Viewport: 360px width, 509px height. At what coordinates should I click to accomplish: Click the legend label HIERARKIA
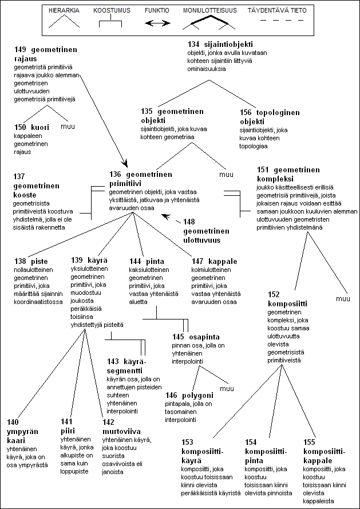tap(64, 10)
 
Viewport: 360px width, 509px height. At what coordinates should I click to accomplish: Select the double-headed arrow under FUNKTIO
tap(157, 23)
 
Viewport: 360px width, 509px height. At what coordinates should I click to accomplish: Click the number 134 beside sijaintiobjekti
tap(194, 44)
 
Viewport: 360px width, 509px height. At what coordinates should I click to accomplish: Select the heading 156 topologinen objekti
tap(270, 117)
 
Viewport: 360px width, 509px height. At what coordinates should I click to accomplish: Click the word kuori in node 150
tap(38, 127)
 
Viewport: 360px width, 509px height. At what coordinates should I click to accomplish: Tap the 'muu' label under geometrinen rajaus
tap(68, 127)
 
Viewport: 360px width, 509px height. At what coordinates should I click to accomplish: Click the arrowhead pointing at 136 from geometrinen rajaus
tap(125, 163)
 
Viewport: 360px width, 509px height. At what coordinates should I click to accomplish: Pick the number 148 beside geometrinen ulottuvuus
tap(189, 222)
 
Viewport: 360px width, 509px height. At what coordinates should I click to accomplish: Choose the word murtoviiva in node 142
tap(121, 432)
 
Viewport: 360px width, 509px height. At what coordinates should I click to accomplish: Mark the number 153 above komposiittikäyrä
tap(187, 442)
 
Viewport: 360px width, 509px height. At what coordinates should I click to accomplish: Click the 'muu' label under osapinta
tap(226, 388)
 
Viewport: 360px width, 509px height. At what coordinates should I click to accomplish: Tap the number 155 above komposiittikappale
tap(308, 442)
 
